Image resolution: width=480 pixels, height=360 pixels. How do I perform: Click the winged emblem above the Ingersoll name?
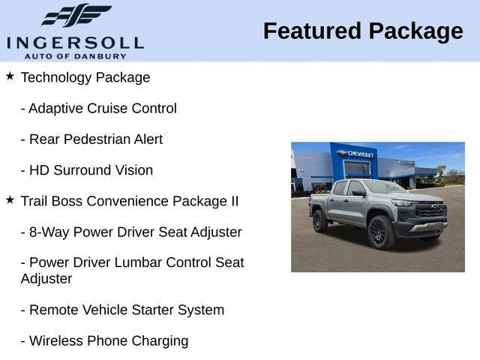tap(76, 15)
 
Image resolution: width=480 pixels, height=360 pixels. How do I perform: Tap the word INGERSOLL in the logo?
tap(75, 43)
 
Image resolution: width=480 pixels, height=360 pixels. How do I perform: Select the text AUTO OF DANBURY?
tap(75, 56)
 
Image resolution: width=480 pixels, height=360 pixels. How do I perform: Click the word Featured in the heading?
tap(312, 31)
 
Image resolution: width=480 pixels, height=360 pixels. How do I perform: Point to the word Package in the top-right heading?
tap(416, 32)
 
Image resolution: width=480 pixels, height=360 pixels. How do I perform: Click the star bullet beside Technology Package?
tap(10, 76)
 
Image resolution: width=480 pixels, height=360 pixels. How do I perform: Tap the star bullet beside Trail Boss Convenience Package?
tap(10, 200)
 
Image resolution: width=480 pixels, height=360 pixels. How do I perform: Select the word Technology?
tap(56, 78)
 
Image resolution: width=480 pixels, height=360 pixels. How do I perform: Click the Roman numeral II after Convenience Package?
tap(235, 201)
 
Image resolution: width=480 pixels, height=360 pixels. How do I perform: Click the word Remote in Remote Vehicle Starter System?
tap(53, 310)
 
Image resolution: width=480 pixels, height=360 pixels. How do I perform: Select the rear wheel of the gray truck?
tap(319, 221)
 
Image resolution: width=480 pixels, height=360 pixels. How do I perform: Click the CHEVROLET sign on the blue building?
tap(355, 154)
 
